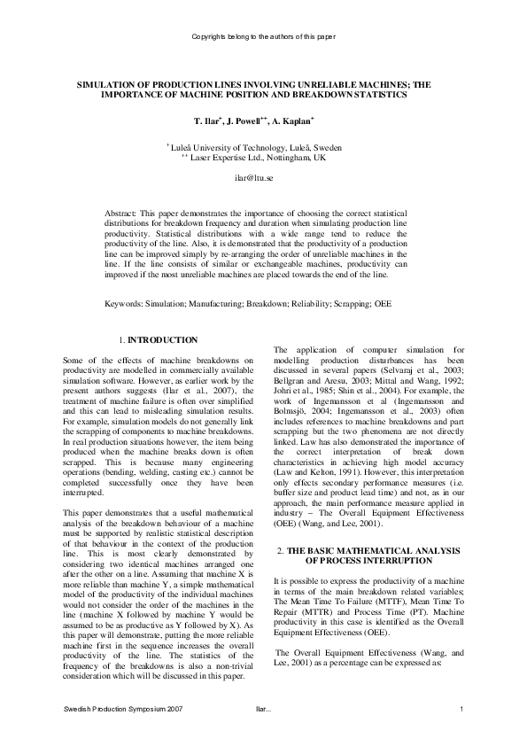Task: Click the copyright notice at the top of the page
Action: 263,36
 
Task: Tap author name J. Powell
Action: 250,119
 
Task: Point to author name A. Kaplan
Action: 301,119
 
